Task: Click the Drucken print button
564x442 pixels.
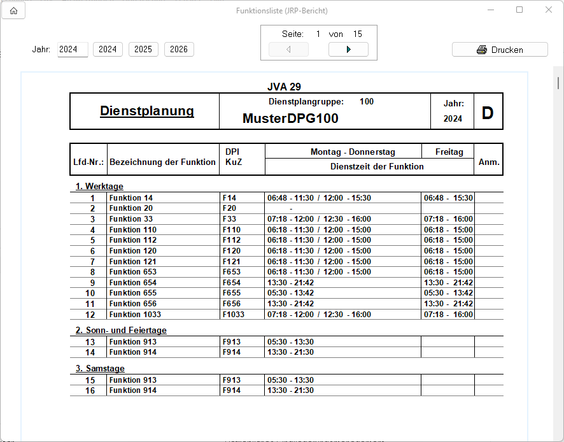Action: (500, 50)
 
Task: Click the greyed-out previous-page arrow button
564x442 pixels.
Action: (288, 50)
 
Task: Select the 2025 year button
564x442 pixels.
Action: (143, 50)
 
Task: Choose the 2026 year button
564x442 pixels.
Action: (179, 50)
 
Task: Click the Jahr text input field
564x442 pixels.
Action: (73, 50)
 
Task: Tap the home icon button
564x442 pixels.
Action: (13, 10)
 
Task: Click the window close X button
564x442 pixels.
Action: (549, 10)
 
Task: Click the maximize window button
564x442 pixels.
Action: (519, 10)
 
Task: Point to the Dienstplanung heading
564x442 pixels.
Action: (147, 111)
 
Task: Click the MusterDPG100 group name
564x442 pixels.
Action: (290, 118)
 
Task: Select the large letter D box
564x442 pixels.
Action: (488, 113)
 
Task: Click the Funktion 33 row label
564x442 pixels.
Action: (131, 219)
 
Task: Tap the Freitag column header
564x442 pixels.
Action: (449, 152)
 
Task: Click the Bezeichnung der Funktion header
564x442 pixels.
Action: (162, 162)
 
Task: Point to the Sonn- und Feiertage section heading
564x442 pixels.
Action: (121, 331)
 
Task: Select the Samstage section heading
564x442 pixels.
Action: (100, 369)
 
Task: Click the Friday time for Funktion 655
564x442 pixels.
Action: (448, 293)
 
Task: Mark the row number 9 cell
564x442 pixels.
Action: (92, 283)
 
